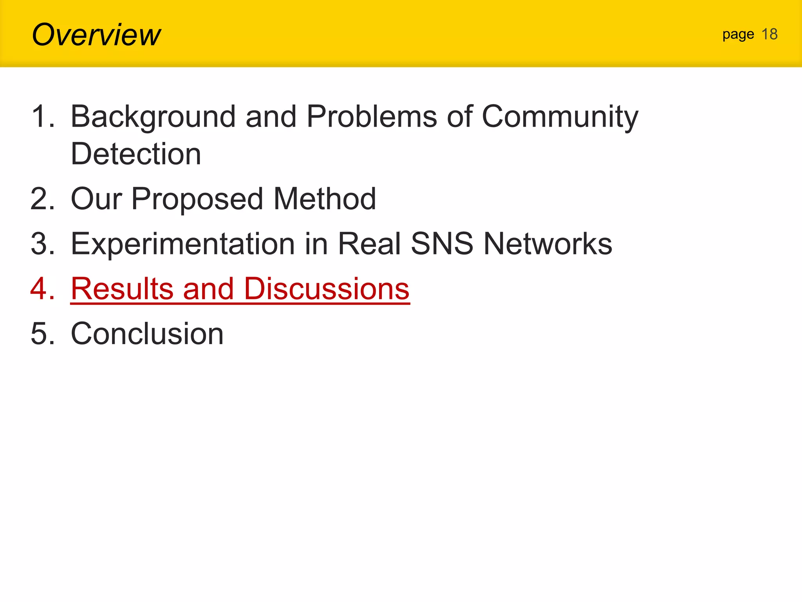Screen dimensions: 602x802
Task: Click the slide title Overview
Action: (96, 34)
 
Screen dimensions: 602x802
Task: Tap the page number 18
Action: (769, 34)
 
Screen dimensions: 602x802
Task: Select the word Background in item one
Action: (153, 117)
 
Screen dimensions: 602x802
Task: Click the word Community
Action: (560, 117)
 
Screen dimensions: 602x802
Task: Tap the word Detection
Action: (135, 154)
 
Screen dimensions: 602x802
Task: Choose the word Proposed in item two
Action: (197, 199)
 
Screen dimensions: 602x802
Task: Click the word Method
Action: (324, 199)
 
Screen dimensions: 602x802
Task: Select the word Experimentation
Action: (182, 244)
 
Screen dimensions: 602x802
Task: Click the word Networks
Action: (547, 244)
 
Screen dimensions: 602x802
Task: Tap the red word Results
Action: (122, 289)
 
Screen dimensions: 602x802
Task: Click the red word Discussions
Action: (326, 289)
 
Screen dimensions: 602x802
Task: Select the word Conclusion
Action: (147, 334)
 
